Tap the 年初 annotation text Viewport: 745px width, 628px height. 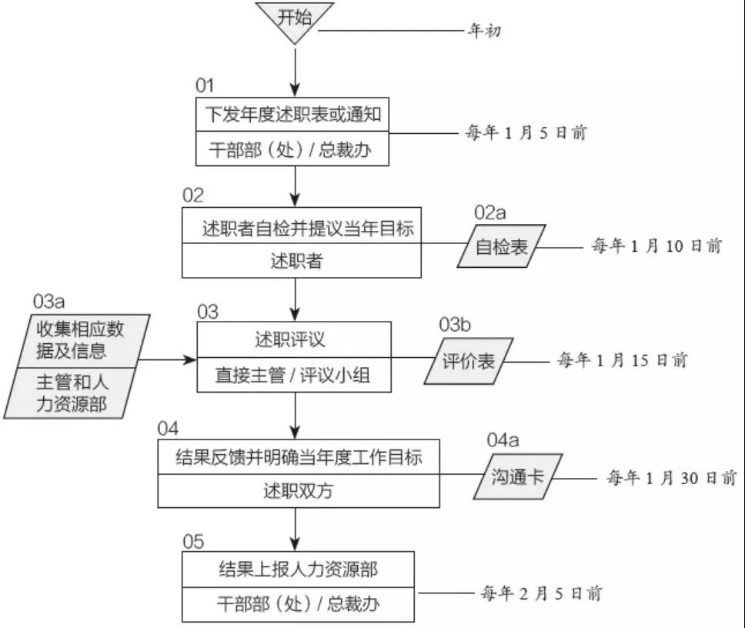tap(484, 31)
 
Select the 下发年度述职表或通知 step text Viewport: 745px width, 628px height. tap(293, 115)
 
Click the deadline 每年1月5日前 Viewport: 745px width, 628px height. tap(526, 132)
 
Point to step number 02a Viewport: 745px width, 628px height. tap(489, 212)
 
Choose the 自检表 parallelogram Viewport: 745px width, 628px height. tap(501, 246)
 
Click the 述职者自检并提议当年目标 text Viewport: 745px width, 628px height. tap(308, 229)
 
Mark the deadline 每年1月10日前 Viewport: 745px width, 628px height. tap(656, 246)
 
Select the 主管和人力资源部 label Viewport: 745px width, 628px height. tap(72, 393)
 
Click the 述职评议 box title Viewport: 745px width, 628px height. tap(290, 339)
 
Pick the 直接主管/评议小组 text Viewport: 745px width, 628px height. tap(292, 376)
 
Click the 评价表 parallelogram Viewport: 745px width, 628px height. tap(469, 361)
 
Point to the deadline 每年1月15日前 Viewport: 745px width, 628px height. tap(623, 360)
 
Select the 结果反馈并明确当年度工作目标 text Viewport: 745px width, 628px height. tap(299, 457)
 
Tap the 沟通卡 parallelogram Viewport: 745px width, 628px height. tap(518, 476)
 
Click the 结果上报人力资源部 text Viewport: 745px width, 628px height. tap(299, 570)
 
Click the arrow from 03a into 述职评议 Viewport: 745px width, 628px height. tap(166, 359)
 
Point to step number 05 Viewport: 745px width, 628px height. tap(193, 542)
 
